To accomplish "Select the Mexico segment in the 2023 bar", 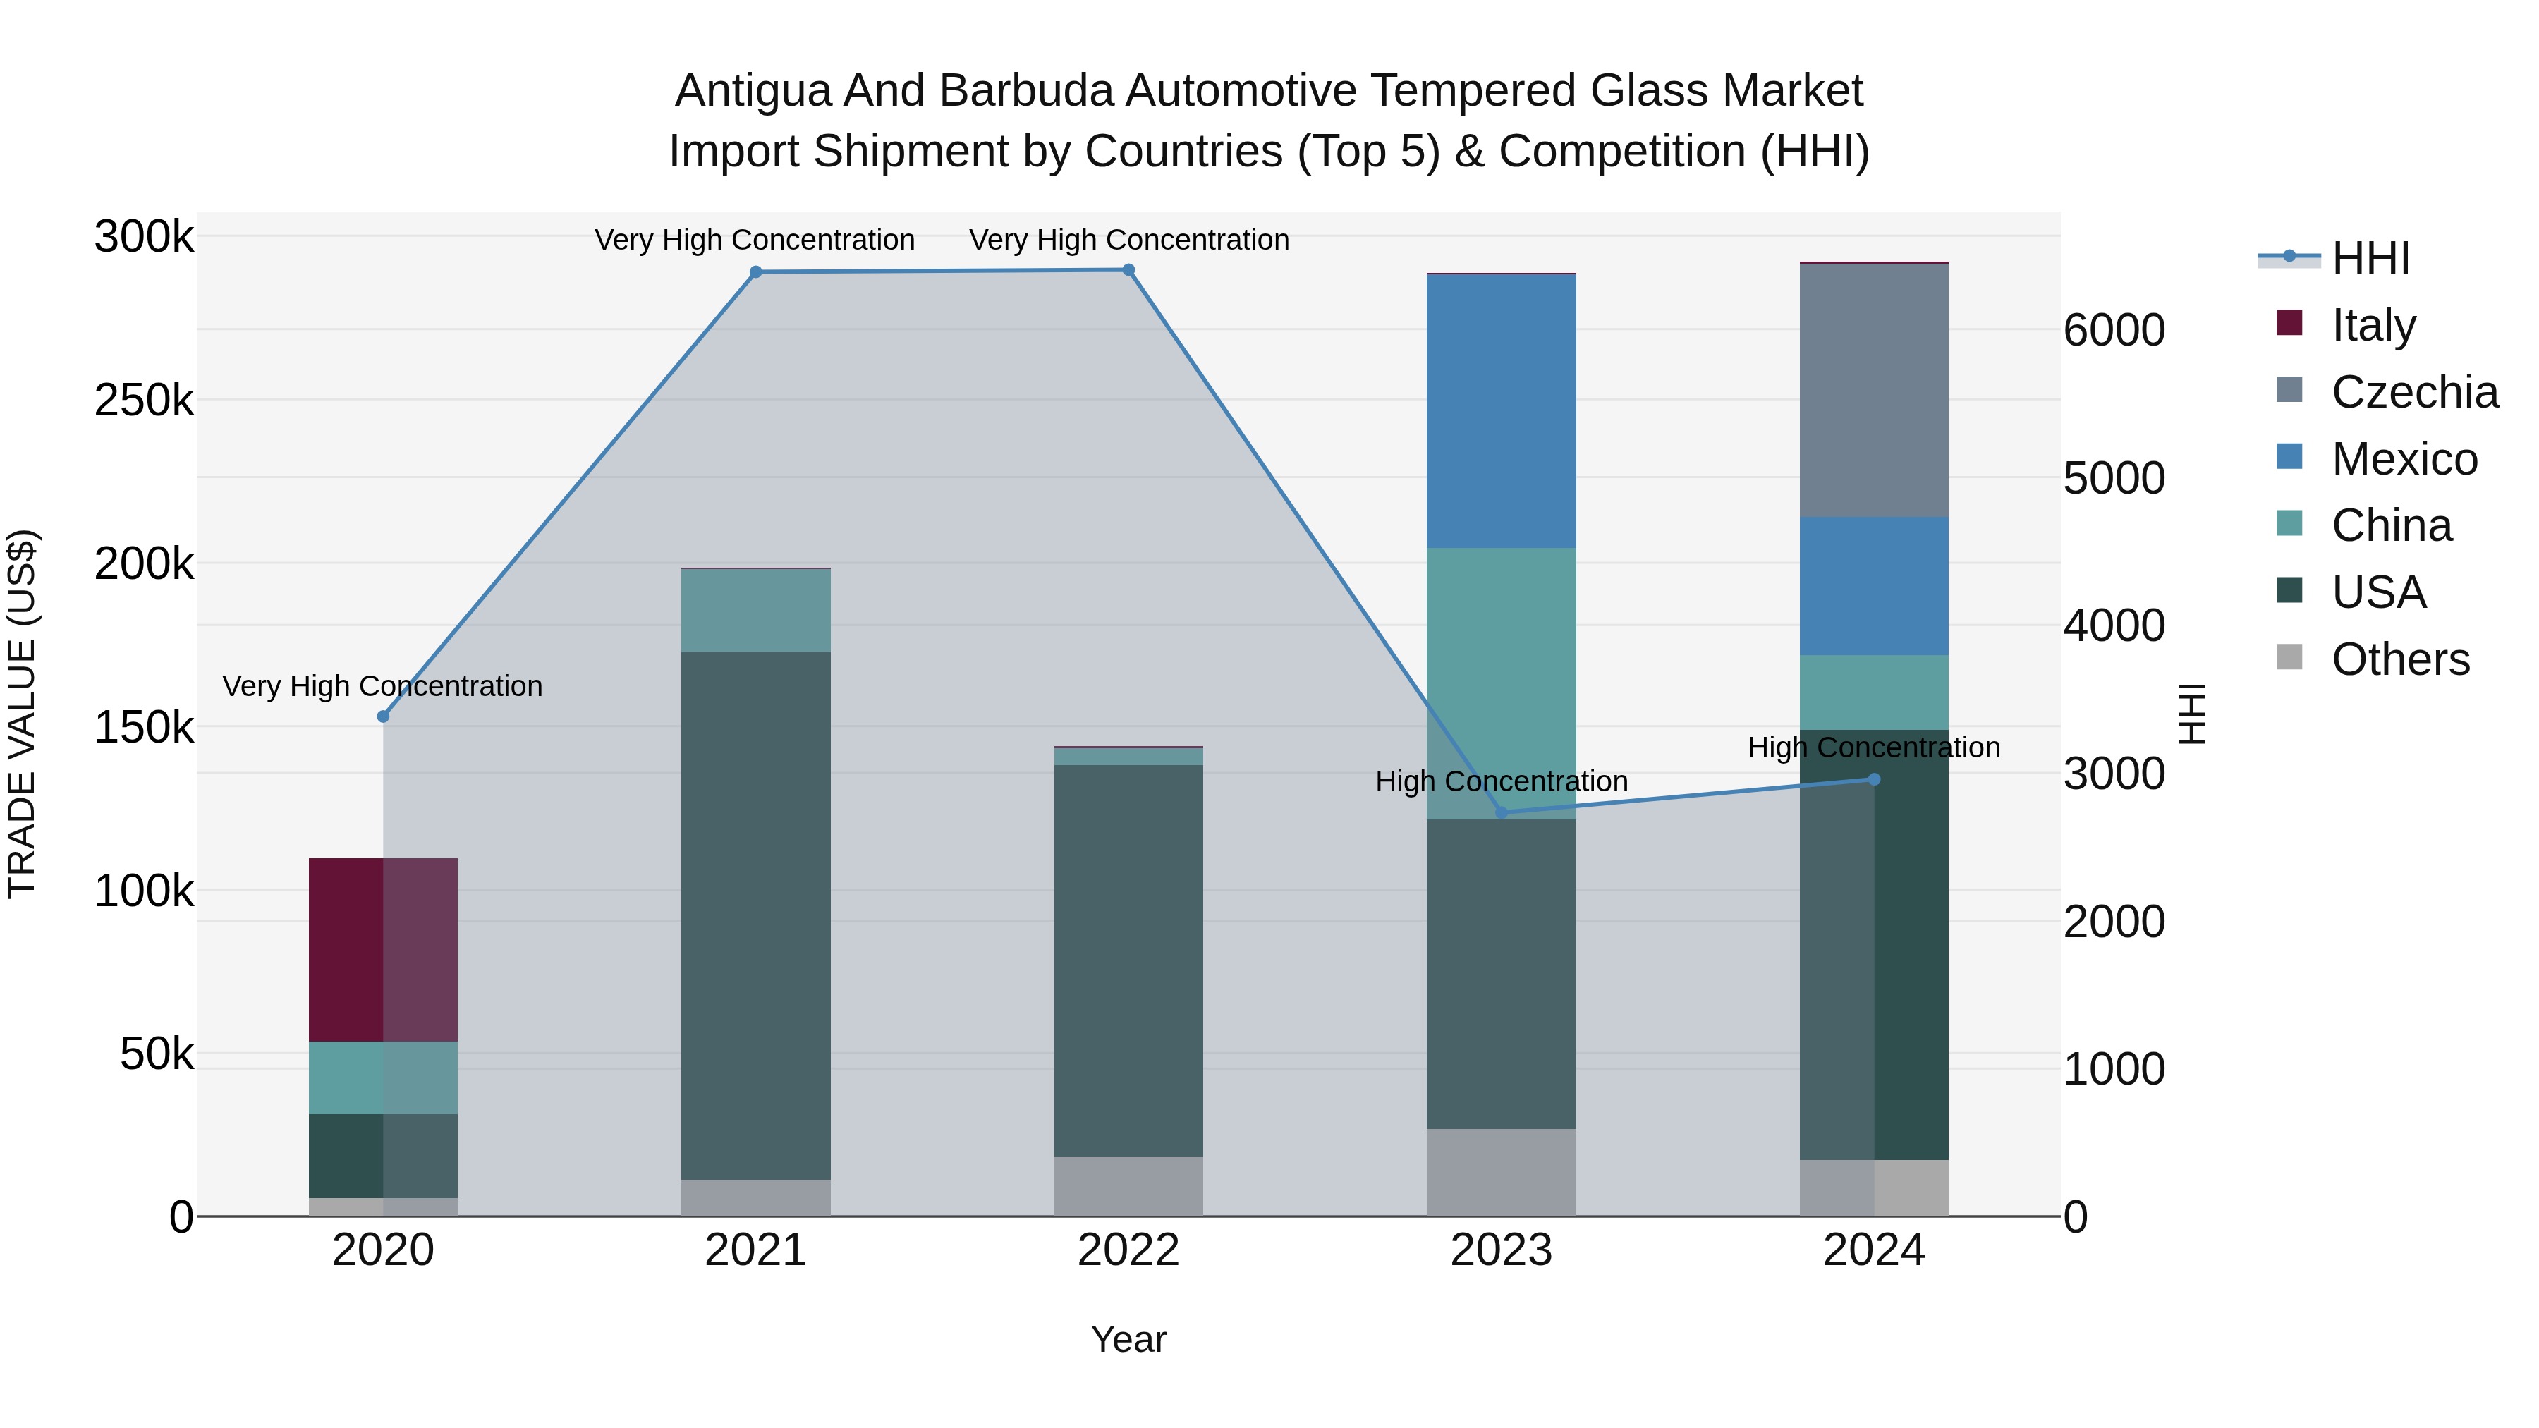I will [x=1501, y=411].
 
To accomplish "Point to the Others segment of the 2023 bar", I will [x=1501, y=1172].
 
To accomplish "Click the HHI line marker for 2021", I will [x=756, y=272].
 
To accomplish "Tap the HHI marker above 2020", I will [x=384, y=716].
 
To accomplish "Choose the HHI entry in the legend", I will [x=2370, y=258].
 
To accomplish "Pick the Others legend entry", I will [x=2399, y=659].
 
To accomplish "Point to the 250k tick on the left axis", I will [x=144, y=400].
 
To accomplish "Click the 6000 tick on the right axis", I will [x=2114, y=330].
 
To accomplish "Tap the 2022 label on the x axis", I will [x=1128, y=1250].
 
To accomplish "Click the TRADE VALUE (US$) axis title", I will [x=22, y=714].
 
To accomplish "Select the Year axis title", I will [x=1128, y=1339].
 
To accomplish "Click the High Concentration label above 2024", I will [x=1874, y=747].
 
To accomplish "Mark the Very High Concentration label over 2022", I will [x=1128, y=240].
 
